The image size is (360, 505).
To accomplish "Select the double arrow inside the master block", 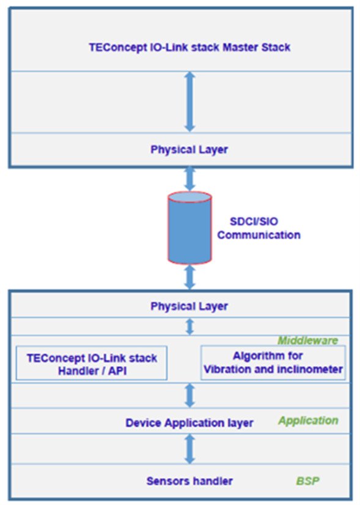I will click(x=189, y=101).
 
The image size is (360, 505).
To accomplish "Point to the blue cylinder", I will click(x=189, y=226).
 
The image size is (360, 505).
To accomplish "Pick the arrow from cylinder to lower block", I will click(x=189, y=276).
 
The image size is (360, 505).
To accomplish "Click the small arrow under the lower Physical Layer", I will click(x=189, y=326).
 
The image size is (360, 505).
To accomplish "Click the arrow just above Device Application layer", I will click(x=189, y=395).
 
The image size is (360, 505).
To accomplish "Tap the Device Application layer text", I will click(x=189, y=422).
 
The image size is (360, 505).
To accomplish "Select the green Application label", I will click(x=308, y=421).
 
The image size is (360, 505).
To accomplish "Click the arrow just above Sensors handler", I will click(x=189, y=449).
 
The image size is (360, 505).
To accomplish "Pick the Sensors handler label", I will click(x=189, y=481).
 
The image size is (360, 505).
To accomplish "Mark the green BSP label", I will click(x=307, y=481).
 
